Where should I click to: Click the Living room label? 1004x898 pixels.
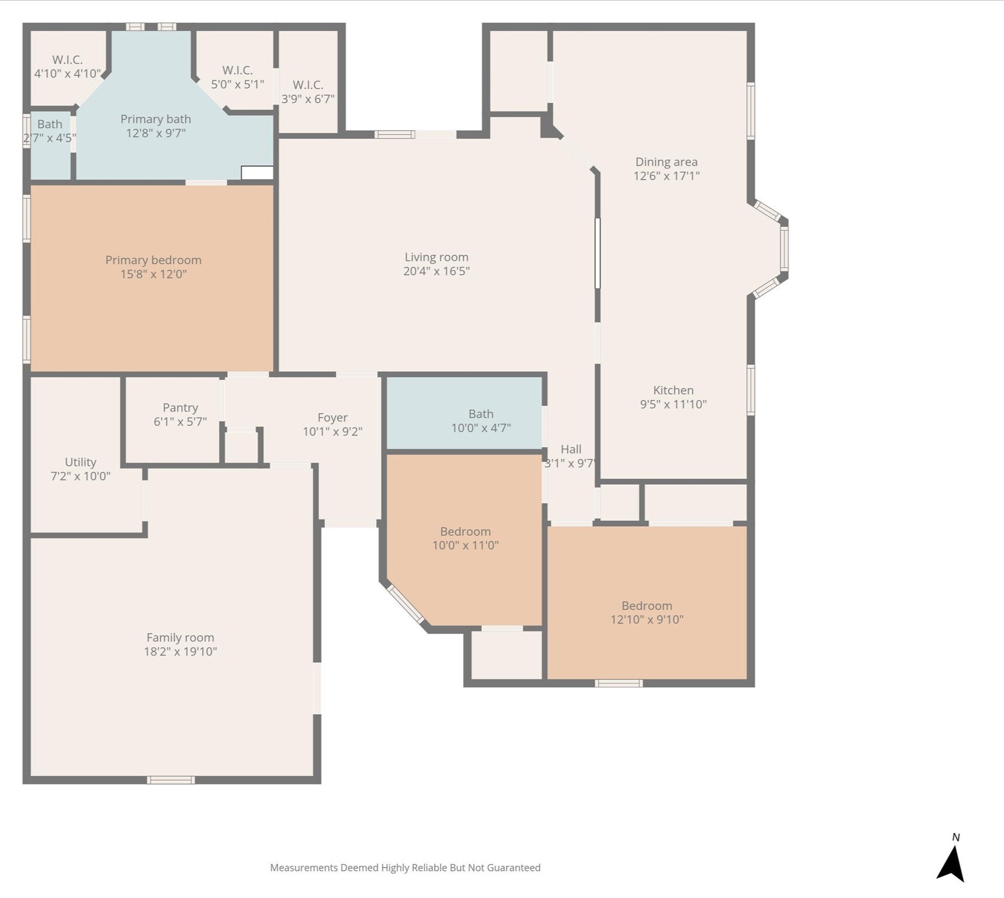436,257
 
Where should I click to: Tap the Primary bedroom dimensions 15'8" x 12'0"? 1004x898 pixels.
153,274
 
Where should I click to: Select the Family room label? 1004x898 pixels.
180,638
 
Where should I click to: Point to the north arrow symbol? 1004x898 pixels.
951,864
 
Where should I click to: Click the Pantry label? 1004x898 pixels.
180,407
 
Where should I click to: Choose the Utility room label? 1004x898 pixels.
81,462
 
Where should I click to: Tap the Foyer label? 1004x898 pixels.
333,417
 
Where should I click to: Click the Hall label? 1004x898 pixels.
571,449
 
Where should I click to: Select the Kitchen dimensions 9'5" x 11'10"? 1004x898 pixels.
673,404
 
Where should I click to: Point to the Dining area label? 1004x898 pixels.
667,162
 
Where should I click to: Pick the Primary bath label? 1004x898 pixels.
156,119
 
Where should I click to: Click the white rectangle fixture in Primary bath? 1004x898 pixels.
257,172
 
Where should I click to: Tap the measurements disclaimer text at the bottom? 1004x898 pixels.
405,868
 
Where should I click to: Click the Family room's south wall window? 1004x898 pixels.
171,780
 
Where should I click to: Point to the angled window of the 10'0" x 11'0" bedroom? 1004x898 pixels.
406,605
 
